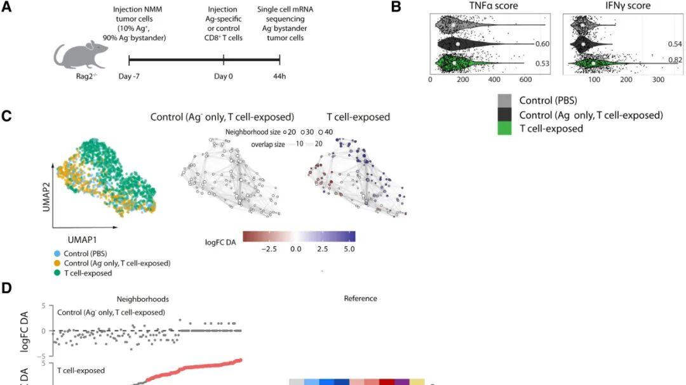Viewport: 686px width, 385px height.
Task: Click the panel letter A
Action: (x=6, y=7)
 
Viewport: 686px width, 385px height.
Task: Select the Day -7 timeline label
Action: (x=130, y=76)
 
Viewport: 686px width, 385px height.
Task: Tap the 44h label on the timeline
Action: (x=279, y=76)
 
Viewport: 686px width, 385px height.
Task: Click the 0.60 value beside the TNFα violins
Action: (x=541, y=44)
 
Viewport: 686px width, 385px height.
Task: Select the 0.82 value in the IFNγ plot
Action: (x=675, y=60)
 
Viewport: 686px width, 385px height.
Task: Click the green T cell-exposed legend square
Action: (x=505, y=129)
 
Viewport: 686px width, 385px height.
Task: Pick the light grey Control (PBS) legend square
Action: (x=505, y=100)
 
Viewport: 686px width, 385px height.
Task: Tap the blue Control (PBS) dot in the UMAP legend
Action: (x=58, y=253)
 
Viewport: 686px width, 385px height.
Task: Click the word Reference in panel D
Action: (x=360, y=298)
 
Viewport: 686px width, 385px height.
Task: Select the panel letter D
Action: (x=6, y=288)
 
